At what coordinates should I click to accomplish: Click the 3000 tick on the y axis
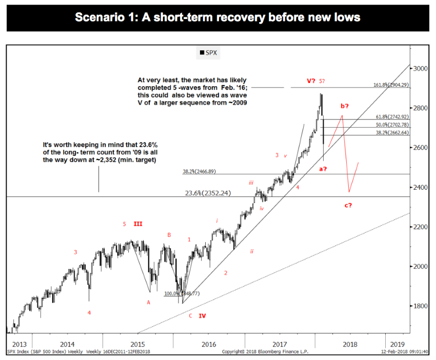pos(421,68)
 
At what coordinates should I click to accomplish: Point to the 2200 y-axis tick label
pos(421,227)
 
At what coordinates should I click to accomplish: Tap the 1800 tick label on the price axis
pos(421,306)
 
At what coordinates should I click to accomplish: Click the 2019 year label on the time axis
pos(397,344)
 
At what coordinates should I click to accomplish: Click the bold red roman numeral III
pos(138,224)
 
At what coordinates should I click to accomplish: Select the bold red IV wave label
pos(203,316)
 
